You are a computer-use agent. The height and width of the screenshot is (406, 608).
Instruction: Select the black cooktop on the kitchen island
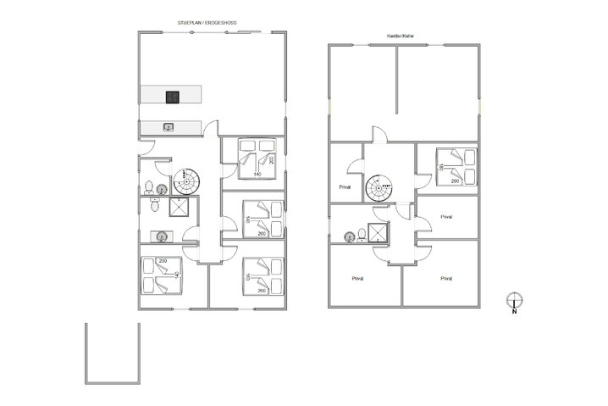pyautogui.click(x=172, y=96)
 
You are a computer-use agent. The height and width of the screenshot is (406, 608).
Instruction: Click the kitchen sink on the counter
pyautogui.click(x=169, y=127)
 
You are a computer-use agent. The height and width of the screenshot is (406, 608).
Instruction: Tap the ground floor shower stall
pyautogui.click(x=181, y=209)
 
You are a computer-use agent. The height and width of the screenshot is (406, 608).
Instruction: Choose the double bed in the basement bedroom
pyautogui.click(x=457, y=164)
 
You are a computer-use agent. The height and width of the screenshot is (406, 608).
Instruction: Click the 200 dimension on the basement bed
pyautogui.click(x=456, y=181)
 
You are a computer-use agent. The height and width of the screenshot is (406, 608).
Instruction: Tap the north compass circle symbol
pyautogui.click(x=513, y=298)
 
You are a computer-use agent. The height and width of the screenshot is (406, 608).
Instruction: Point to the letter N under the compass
pyautogui.click(x=513, y=312)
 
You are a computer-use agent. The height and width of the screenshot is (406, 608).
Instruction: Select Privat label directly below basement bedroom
pyautogui.click(x=446, y=217)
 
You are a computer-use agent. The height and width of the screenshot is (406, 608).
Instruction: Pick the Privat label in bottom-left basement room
pyautogui.click(x=357, y=277)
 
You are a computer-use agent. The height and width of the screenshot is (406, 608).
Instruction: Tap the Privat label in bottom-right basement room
pyautogui.click(x=445, y=277)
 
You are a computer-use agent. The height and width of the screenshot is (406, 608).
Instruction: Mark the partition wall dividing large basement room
pyautogui.click(x=396, y=80)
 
